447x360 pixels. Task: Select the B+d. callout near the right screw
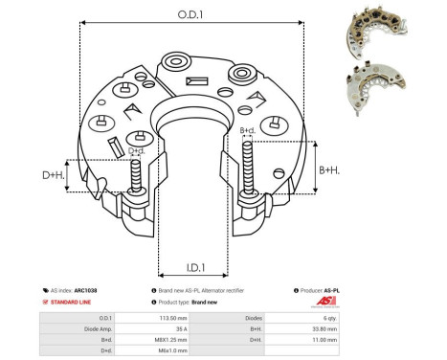(x=246, y=130)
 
